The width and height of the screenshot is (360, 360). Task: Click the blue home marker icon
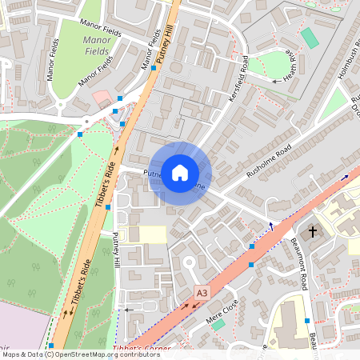(x=180, y=173)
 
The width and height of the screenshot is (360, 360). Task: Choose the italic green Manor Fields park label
(x=97, y=44)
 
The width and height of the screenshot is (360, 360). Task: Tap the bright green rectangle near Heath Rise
(x=310, y=38)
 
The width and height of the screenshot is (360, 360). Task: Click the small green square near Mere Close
(x=218, y=325)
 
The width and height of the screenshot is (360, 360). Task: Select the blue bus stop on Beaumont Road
(x=307, y=321)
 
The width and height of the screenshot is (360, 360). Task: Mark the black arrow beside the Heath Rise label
(x=277, y=81)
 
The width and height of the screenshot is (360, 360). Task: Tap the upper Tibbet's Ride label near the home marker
(x=106, y=184)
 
